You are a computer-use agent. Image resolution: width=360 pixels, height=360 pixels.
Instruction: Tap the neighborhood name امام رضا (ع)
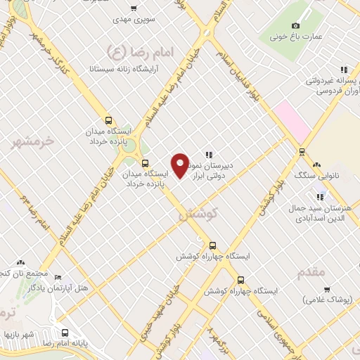coord(122,51)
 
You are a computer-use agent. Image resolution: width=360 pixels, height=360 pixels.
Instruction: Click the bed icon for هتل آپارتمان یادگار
coord(58,277)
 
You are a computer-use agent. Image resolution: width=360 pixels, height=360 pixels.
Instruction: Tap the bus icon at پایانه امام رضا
coord(65,333)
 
